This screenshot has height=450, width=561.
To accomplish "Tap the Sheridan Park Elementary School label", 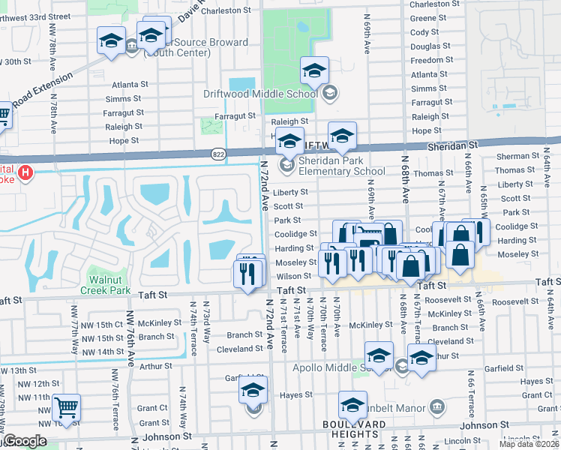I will tap(343, 166).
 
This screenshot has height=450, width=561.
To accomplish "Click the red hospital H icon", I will tap(26, 173).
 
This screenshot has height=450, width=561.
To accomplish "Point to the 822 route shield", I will tap(217, 152).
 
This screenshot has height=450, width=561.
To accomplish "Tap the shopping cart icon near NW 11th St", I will tap(67, 406).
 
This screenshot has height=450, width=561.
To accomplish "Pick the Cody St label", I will tap(424, 32).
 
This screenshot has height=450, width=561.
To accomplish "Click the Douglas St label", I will tap(425, 46).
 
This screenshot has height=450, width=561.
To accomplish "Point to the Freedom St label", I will tap(427, 60).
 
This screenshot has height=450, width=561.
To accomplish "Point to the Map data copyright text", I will tap(529, 444).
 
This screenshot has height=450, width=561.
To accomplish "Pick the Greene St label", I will tap(424, 18).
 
